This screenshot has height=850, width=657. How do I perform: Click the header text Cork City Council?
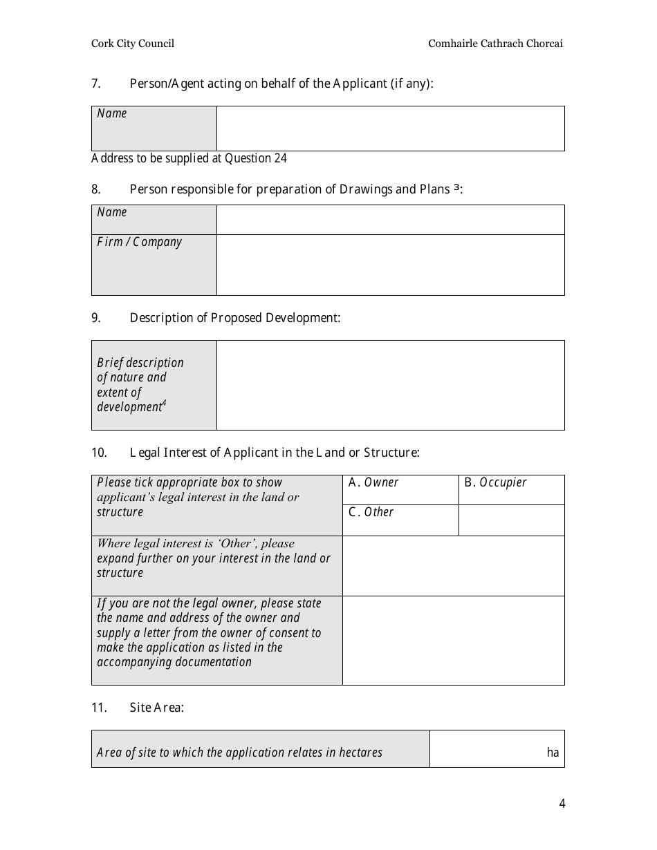point(133,44)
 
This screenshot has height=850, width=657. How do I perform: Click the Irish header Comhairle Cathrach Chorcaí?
point(495,44)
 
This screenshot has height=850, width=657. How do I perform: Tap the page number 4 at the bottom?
point(562,803)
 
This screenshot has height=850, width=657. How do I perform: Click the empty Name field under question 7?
point(390,129)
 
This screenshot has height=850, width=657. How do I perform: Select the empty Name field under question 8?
point(390,220)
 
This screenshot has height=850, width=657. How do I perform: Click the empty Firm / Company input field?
point(390,265)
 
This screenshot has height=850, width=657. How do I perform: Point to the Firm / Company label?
point(140,242)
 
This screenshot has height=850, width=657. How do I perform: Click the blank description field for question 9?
point(390,385)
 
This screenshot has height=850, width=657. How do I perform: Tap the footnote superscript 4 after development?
point(164,403)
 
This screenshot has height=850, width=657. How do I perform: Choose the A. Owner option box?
point(400,489)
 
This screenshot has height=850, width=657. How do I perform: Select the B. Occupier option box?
point(511,489)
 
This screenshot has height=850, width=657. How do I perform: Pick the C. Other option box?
point(400,520)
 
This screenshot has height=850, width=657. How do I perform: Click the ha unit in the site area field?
point(553,753)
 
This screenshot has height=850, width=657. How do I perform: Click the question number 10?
point(99,453)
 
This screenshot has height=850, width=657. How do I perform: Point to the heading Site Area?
point(157,708)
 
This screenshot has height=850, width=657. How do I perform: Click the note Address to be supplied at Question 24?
point(189,158)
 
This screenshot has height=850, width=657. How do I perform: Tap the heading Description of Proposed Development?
point(235,318)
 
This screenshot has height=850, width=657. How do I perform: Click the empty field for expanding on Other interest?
point(453,565)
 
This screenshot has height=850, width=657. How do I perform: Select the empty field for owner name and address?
point(453,640)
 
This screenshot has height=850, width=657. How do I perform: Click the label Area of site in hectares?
point(240,753)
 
